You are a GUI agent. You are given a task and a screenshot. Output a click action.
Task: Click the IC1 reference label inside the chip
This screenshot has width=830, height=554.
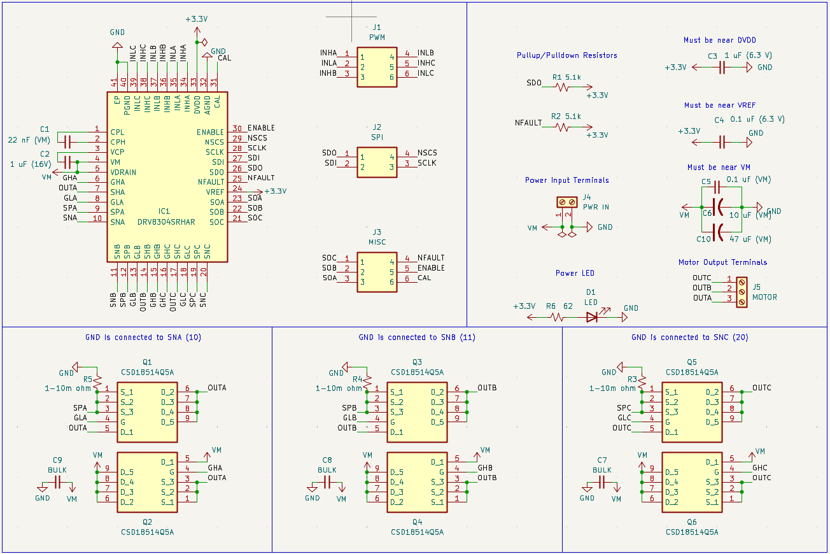pos(164,211)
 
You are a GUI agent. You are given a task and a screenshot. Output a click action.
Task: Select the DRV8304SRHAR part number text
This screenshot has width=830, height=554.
pos(166,222)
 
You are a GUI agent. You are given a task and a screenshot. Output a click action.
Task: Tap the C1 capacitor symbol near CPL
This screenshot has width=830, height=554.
pos(67,141)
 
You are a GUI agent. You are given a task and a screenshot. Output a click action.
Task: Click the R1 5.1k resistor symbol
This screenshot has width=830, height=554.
pos(562,87)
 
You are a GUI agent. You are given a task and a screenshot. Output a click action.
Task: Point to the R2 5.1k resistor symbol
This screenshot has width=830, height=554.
pos(562,127)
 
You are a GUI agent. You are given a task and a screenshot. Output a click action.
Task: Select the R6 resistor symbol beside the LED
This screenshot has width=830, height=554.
pos(558,316)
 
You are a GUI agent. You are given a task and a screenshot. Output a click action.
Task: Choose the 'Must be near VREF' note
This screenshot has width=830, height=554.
pos(720,105)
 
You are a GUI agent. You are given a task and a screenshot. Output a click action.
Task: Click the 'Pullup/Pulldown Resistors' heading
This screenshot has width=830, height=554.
pos(566,55)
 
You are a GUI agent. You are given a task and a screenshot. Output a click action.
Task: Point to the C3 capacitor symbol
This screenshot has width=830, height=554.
pos(722,67)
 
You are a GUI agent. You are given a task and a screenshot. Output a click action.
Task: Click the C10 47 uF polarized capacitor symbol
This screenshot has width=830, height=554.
pos(718,231)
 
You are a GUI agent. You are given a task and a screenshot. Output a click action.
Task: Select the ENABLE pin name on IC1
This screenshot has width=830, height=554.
pos(211,132)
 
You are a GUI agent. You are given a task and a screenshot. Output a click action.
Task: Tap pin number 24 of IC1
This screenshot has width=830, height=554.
pos(237,188)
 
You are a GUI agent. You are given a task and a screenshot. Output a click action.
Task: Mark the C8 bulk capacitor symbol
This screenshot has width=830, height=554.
pos(327,482)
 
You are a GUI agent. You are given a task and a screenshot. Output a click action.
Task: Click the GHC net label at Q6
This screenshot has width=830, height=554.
pos(760,468)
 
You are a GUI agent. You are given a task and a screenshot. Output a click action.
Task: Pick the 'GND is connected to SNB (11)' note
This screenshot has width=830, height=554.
pos(417,337)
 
